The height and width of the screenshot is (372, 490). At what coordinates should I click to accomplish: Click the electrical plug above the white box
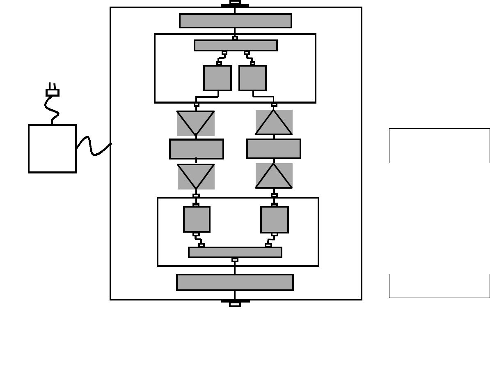pos(53,92)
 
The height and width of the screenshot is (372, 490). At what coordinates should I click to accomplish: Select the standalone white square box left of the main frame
pos(53,149)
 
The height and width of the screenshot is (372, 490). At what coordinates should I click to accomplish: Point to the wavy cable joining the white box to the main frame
pos(94,148)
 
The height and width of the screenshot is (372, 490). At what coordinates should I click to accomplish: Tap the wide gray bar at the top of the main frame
pos(236,21)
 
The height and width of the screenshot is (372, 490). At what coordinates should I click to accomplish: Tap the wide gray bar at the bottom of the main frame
pos(235,282)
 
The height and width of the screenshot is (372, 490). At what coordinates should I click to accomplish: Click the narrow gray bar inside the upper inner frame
pos(236,46)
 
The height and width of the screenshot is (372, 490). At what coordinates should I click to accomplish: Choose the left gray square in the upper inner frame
pos(218,78)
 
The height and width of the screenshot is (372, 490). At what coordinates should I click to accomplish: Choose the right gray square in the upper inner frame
pos(252,78)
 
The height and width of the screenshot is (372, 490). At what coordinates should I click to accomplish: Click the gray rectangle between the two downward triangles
pos(197,149)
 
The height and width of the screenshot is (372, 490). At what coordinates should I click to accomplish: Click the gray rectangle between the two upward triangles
pos(274,149)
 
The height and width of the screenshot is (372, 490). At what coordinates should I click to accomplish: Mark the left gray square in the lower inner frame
pos(197,219)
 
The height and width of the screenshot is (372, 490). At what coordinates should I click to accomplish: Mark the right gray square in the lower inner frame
pos(275,220)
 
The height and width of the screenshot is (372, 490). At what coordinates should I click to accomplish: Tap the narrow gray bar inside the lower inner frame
pos(235,252)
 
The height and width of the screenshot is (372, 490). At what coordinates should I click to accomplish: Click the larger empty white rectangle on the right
pos(439,146)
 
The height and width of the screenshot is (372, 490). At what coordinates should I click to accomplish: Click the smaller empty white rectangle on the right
pos(439,286)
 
